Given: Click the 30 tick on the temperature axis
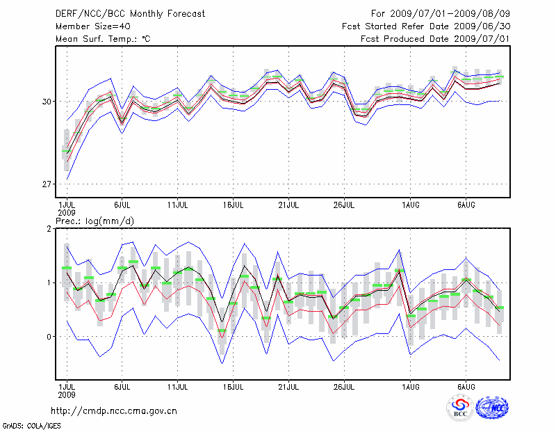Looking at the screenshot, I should [47, 102].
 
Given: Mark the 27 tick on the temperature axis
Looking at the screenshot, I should [47, 184].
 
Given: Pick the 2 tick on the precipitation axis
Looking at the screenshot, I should [49, 229].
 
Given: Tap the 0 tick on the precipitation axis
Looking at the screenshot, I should [49, 337].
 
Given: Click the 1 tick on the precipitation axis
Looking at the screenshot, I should [49, 282].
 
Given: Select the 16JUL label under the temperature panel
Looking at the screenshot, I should [234, 205].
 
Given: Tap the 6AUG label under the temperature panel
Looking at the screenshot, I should [466, 205].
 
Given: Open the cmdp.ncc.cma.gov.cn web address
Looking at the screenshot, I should [114, 411].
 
